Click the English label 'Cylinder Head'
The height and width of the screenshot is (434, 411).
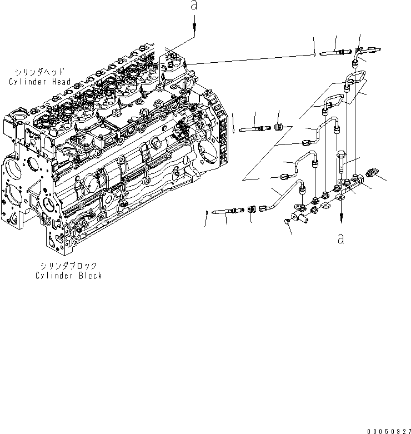[x=39, y=82]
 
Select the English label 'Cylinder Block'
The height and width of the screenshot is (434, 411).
[x=68, y=275]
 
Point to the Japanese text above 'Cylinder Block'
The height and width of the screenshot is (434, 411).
[x=68, y=266]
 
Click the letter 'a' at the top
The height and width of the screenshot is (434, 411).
[x=193, y=6]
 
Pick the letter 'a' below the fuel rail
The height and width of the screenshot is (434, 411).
[x=340, y=238]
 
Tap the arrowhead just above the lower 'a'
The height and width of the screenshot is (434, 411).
[x=341, y=218]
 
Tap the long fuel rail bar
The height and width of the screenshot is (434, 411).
[x=328, y=194]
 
